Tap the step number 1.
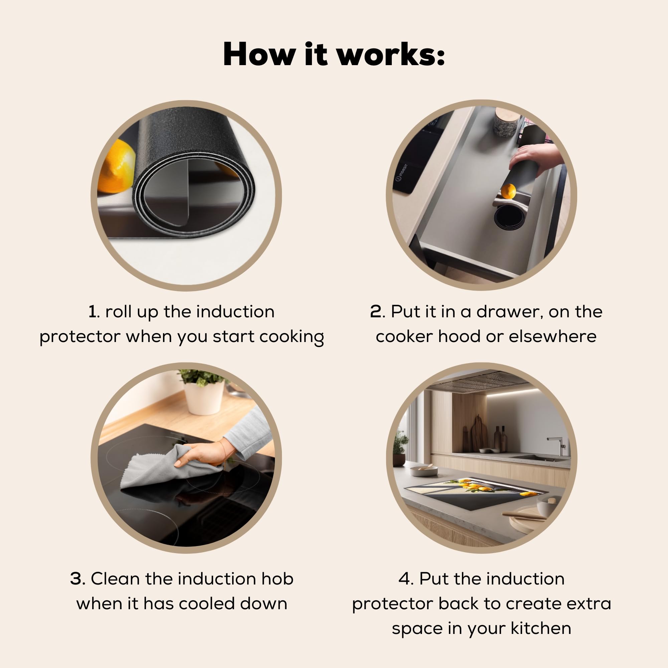[x=92, y=312]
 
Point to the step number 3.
[x=77, y=578]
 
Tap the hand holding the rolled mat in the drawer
[x=536, y=157]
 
